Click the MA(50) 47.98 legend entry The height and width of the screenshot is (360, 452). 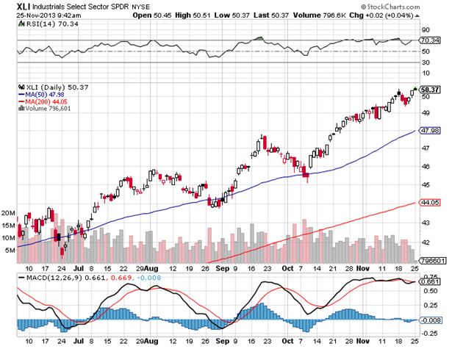[x=43, y=94]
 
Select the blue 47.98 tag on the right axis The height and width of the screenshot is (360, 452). [x=429, y=130]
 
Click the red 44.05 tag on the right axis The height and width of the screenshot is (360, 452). [x=429, y=201]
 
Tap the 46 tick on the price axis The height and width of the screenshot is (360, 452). [x=424, y=166]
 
